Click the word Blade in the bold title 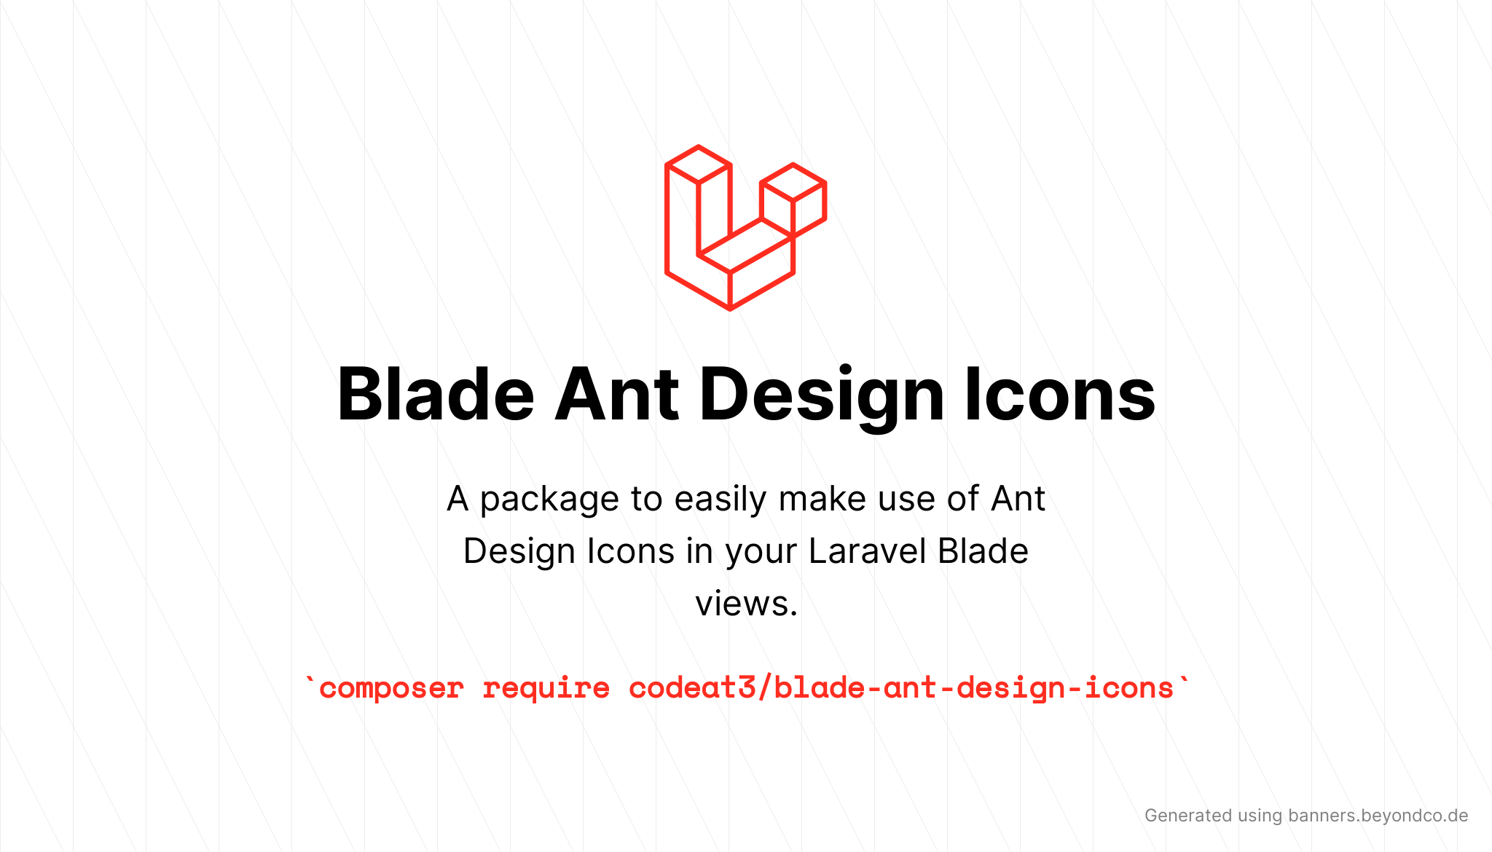click(x=436, y=394)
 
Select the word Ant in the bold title click(x=616, y=394)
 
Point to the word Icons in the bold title click(x=1060, y=394)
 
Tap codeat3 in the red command click(x=692, y=687)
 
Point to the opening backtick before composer click(x=310, y=680)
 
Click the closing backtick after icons click(x=1184, y=680)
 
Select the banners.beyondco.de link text click(x=1378, y=816)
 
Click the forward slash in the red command click(x=765, y=687)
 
